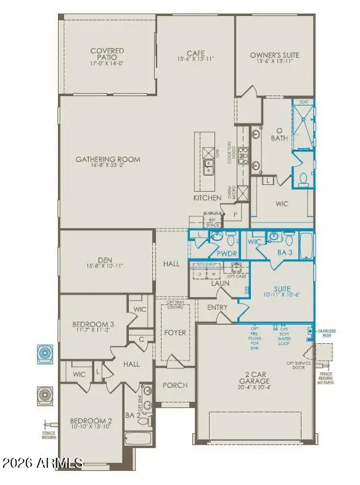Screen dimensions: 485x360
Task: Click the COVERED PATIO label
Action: (x=107, y=55)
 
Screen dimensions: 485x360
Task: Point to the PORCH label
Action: (x=174, y=385)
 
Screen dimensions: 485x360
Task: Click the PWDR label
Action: (x=219, y=253)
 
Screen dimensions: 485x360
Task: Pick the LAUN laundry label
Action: (x=220, y=283)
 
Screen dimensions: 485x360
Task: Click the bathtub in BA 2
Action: (x=140, y=438)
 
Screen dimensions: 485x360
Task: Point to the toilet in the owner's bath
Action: (x=302, y=178)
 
